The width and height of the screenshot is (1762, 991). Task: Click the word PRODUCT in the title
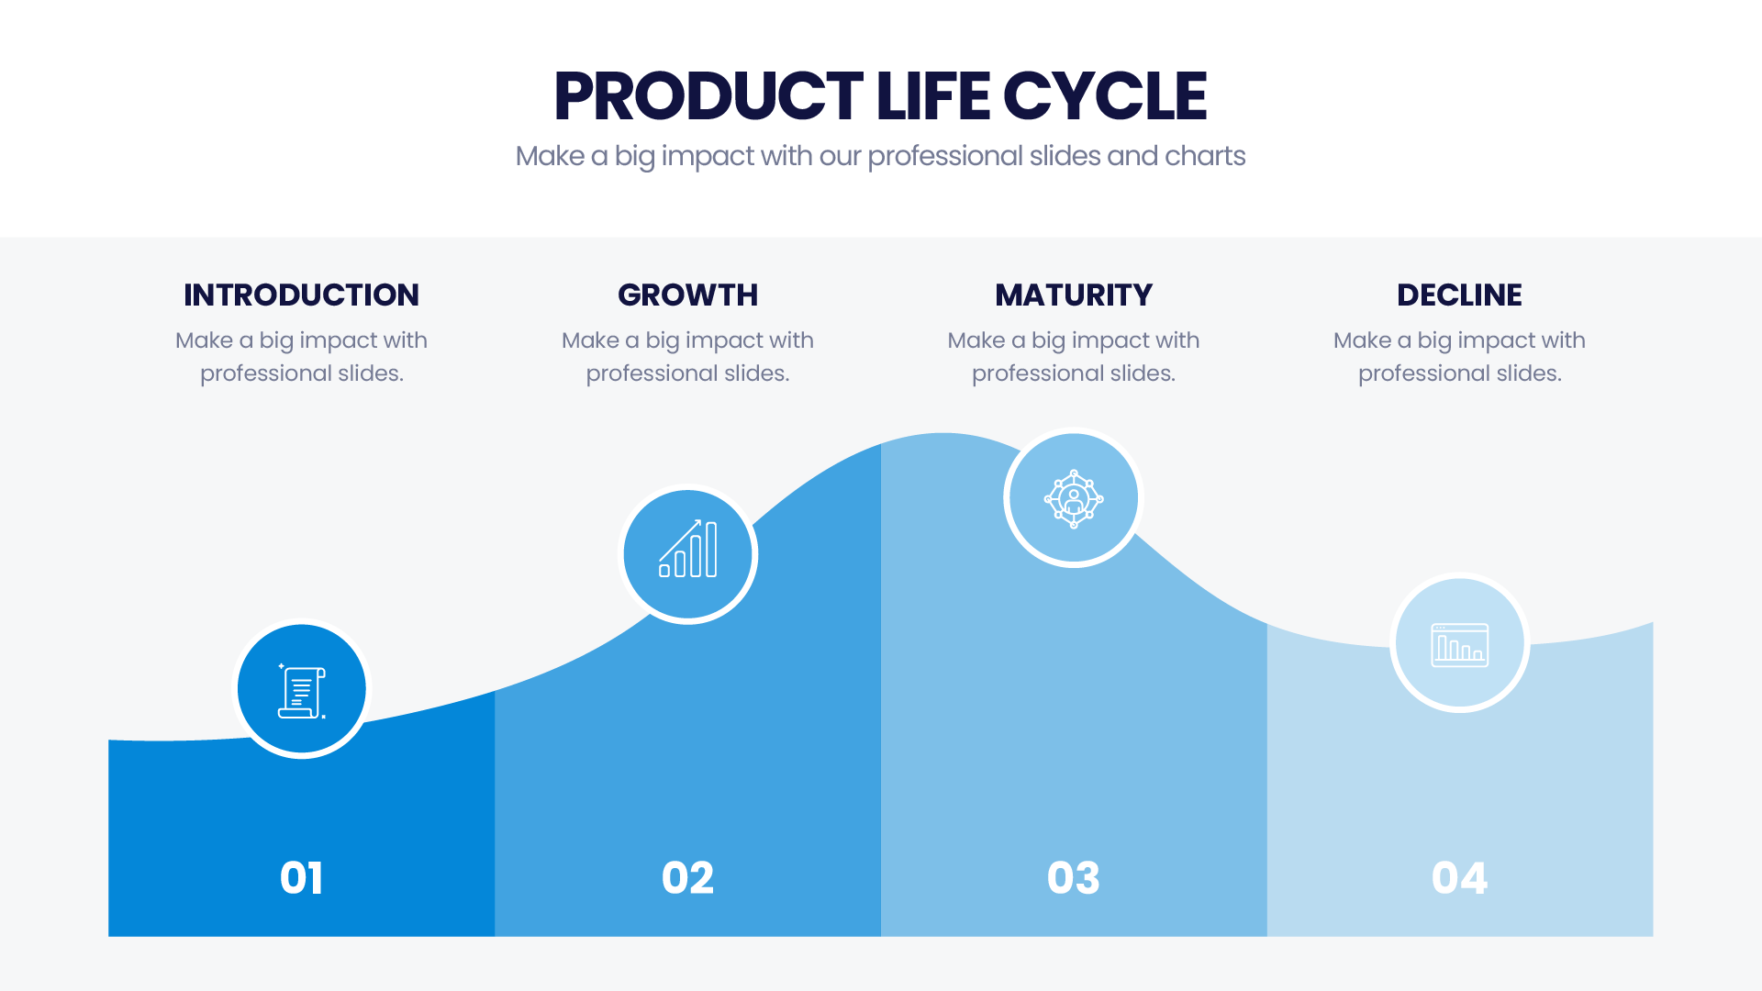[x=708, y=96]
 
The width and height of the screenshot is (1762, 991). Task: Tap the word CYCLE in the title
[x=1105, y=96]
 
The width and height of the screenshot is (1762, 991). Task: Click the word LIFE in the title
[x=932, y=96]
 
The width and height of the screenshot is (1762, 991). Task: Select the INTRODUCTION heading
[x=301, y=295]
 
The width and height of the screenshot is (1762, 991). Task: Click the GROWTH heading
[x=687, y=295]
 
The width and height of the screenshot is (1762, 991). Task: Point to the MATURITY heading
[x=1074, y=295]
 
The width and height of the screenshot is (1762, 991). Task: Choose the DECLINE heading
[x=1459, y=295]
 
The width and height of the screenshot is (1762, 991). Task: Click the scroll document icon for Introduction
[x=302, y=691]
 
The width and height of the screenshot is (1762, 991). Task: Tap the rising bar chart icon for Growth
[x=688, y=548]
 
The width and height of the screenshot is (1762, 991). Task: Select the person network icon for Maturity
[x=1074, y=499]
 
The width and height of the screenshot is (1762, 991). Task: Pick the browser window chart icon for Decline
[x=1460, y=644]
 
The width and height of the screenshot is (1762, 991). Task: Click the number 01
[x=301, y=878]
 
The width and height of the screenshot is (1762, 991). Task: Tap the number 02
[x=687, y=878]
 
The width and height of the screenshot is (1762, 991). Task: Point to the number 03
[x=1074, y=878]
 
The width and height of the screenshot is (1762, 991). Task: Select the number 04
[x=1459, y=878]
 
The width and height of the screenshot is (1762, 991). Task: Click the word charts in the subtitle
[x=1205, y=156]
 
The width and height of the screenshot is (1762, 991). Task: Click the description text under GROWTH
[x=687, y=357]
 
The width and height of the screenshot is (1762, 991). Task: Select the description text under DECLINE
[x=1459, y=357]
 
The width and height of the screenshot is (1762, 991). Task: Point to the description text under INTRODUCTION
[x=301, y=357]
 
